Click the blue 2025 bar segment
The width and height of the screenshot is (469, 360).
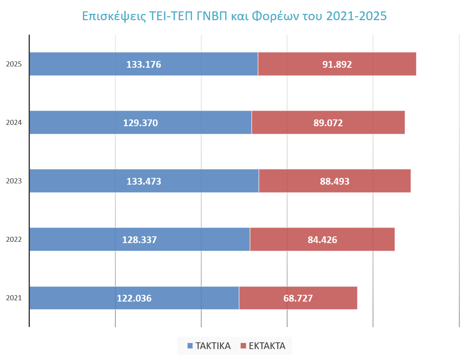point(144,64)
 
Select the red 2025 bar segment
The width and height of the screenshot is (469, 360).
point(337,64)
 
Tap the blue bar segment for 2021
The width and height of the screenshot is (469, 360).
point(134,298)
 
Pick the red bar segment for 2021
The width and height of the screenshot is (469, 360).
point(298,298)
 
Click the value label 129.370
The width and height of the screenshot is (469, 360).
point(141,123)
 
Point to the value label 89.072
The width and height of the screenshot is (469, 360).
point(328,123)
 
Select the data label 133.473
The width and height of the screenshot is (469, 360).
point(144,181)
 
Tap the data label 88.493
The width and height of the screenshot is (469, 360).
point(335,181)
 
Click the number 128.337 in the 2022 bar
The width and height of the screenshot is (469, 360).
point(139,240)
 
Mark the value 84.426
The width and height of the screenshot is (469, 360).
point(322,240)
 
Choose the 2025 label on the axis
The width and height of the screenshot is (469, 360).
point(14,64)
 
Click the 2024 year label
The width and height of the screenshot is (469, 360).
point(14,122)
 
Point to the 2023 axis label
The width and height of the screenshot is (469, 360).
point(14,181)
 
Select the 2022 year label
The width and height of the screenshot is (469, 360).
point(14,240)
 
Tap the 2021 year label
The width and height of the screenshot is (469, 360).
point(14,298)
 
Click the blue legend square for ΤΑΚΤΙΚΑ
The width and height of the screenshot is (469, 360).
point(190,346)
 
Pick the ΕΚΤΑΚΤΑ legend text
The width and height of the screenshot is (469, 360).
point(267,346)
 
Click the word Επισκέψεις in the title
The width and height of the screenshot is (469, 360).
point(114,16)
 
